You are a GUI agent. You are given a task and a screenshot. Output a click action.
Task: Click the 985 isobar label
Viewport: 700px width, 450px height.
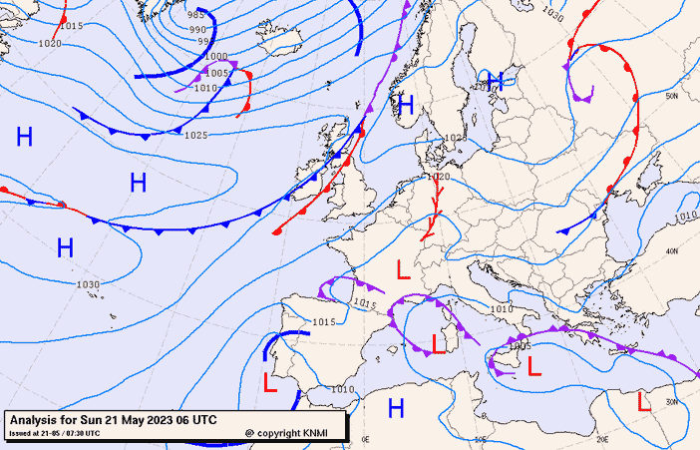(x=195, y=15)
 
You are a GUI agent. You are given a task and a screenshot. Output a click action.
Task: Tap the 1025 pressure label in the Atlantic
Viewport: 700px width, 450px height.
(x=196, y=135)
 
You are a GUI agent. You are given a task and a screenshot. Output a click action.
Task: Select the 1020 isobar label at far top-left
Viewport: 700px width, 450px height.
(x=49, y=44)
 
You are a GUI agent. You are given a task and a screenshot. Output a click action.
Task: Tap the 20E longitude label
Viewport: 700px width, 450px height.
(x=601, y=438)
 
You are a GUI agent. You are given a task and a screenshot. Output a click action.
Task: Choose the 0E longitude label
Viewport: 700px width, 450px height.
(x=365, y=438)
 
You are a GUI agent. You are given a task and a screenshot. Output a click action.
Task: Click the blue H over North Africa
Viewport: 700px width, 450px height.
(x=396, y=407)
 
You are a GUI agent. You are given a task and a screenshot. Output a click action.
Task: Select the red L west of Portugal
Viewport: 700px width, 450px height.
(x=269, y=381)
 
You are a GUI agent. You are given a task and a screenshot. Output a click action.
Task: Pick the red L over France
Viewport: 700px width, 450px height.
(x=403, y=269)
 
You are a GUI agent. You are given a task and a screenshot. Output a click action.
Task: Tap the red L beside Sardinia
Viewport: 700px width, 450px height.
(x=437, y=344)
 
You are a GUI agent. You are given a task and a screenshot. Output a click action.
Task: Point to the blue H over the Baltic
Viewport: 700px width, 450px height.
(x=495, y=82)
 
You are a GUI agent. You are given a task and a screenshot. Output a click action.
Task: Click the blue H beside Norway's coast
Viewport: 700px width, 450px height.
(x=405, y=104)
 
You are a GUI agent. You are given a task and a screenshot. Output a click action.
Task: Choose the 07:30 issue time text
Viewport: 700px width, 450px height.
(x=83, y=433)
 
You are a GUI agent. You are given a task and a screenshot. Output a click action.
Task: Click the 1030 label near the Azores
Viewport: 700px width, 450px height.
(x=88, y=284)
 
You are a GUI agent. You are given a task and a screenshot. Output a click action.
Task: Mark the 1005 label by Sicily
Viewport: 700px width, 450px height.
(x=518, y=345)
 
